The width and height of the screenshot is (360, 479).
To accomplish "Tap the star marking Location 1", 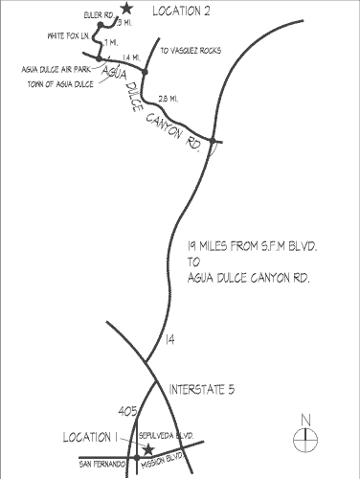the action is coord(147,448).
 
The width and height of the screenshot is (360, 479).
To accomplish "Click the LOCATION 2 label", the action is coord(181,11).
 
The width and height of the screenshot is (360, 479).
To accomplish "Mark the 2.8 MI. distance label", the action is coord(169,99).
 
